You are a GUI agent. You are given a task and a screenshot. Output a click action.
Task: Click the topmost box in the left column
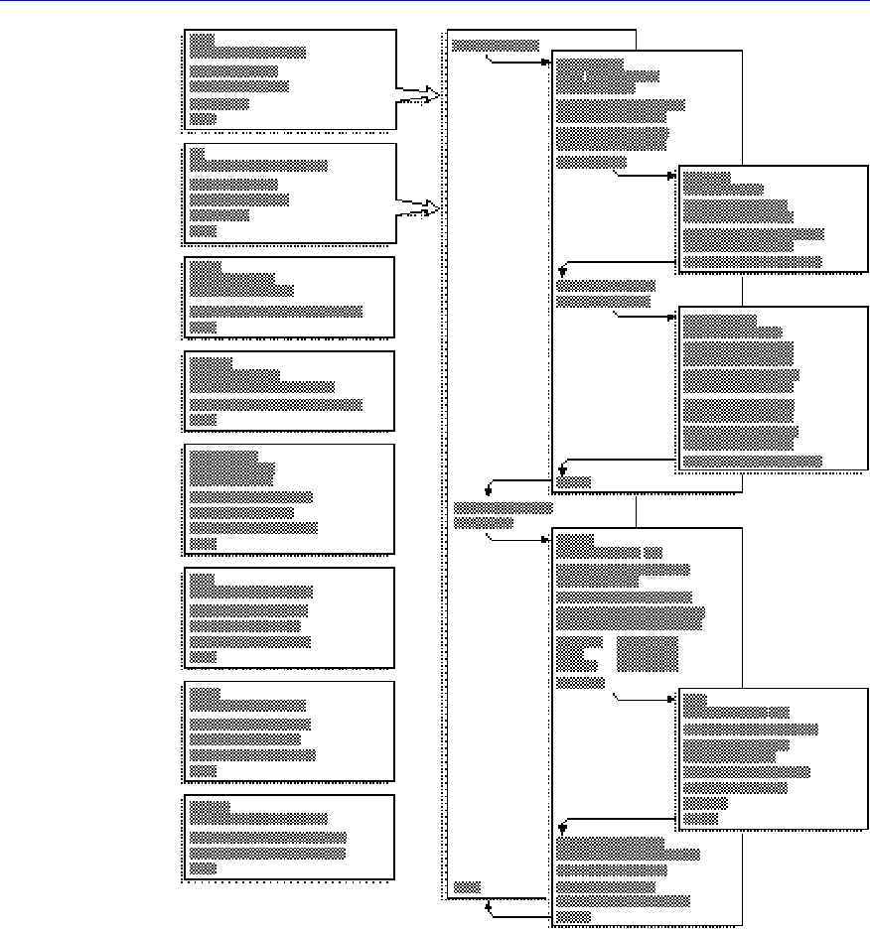point(290,80)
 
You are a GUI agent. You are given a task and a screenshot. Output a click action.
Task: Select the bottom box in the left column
point(290,837)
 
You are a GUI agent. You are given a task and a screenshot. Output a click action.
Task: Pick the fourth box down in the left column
point(290,390)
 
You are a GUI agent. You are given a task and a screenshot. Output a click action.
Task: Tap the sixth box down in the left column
point(290,616)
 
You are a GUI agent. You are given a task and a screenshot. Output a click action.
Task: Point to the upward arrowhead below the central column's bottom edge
point(489,905)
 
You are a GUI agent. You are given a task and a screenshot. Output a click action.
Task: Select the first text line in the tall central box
point(495,45)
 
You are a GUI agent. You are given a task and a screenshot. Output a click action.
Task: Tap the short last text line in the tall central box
point(467,884)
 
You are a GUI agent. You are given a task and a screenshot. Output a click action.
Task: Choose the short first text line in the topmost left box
point(202,39)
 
